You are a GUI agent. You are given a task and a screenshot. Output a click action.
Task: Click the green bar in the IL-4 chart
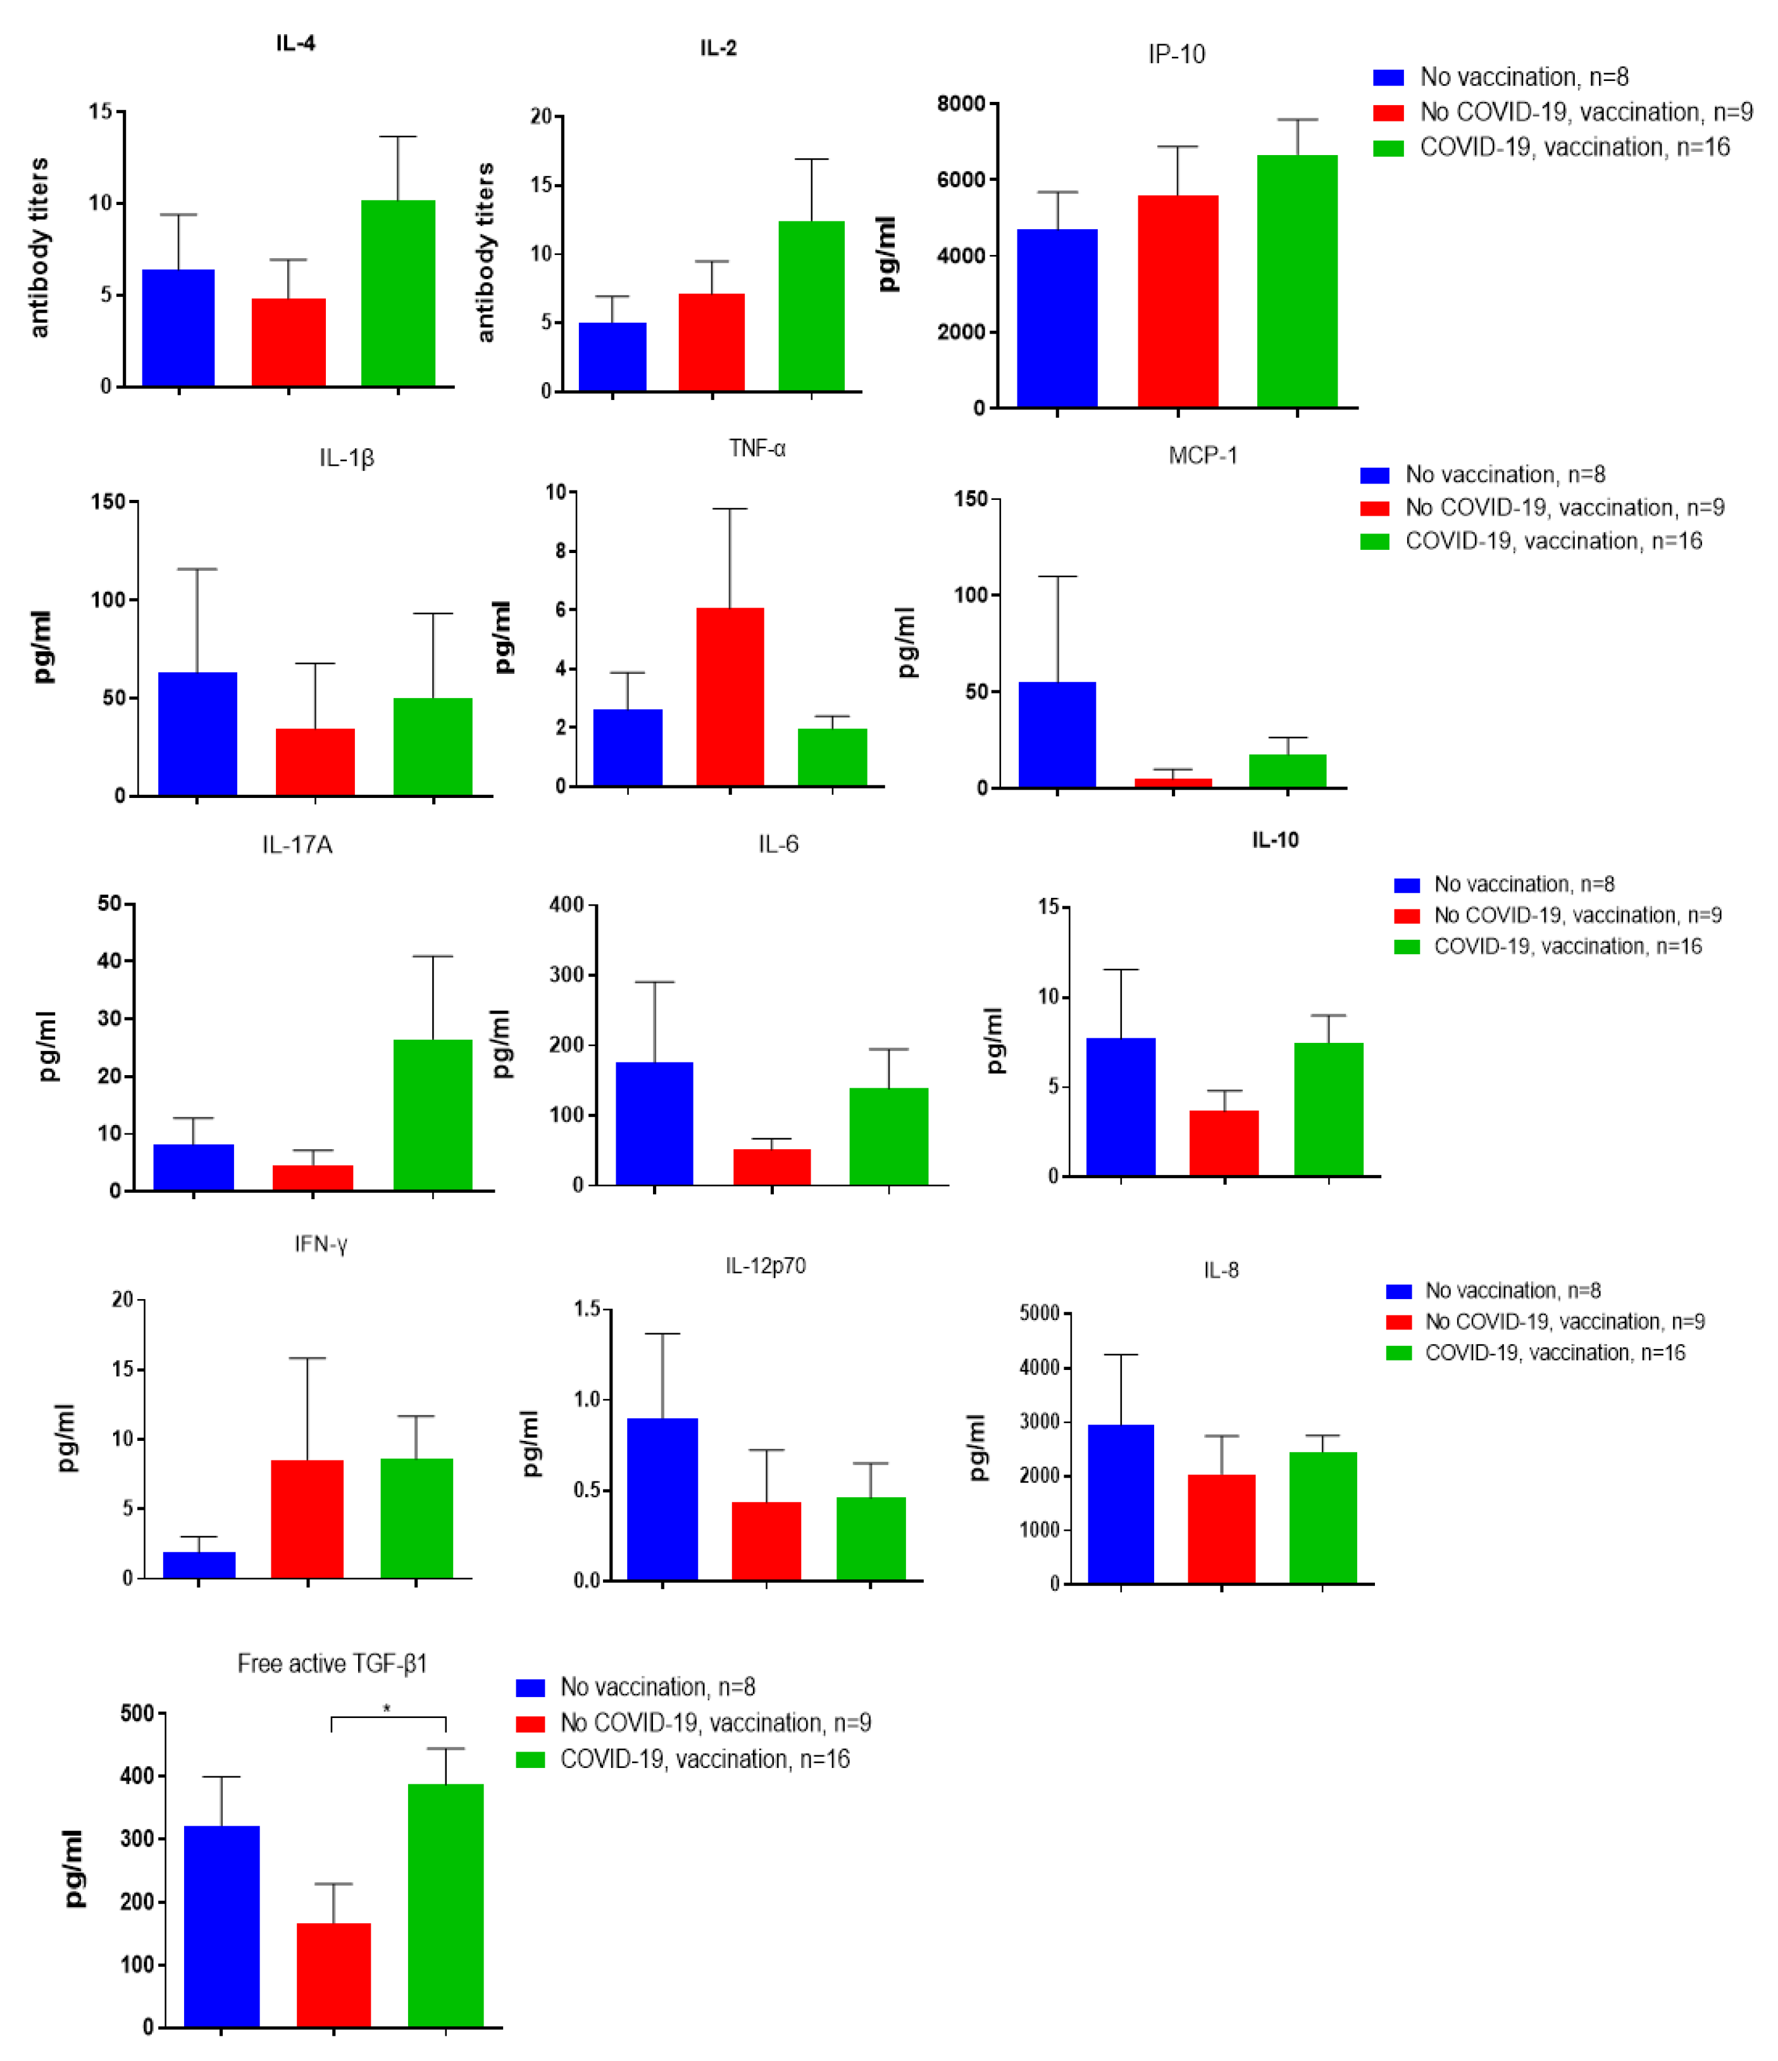point(398,294)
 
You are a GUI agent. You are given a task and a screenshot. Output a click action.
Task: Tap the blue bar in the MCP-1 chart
point(1057,735)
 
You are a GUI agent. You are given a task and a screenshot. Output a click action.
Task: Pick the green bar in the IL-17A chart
point(433,1114)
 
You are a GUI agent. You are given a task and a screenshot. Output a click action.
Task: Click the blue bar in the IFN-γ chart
point(199,1565)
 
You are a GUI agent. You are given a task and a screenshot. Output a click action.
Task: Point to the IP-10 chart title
point(1176,54)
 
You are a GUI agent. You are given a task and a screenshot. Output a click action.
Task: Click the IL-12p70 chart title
point(765,1266)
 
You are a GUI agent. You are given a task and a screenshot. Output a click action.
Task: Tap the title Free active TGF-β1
point(332,1664)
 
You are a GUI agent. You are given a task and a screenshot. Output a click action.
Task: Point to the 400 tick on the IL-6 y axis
point(567,904)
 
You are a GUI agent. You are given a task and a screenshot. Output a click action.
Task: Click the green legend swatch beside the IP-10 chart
point(1388,148)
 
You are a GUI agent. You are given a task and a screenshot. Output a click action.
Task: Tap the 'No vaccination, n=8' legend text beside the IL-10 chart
point(1524,884)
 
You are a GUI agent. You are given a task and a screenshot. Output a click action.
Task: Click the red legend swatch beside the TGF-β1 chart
point(530,1724)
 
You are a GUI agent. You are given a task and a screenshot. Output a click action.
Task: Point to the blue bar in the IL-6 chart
point(654,1124)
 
